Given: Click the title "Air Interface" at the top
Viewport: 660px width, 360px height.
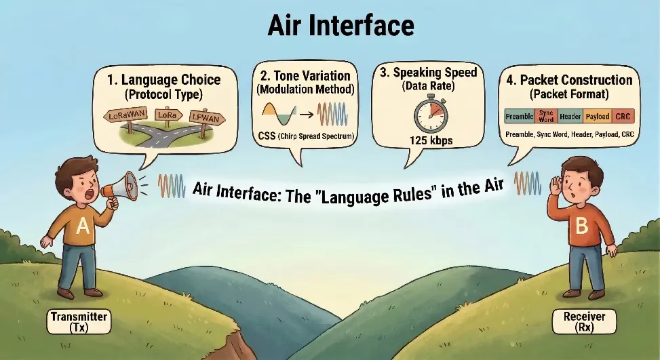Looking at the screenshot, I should pyautogui.click(x=330, y=25).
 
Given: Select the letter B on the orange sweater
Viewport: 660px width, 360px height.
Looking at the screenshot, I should pyautogui.click(x=581, y=226).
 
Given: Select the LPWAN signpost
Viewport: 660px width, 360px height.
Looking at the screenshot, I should pyautogui.click(x=206, y=117).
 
